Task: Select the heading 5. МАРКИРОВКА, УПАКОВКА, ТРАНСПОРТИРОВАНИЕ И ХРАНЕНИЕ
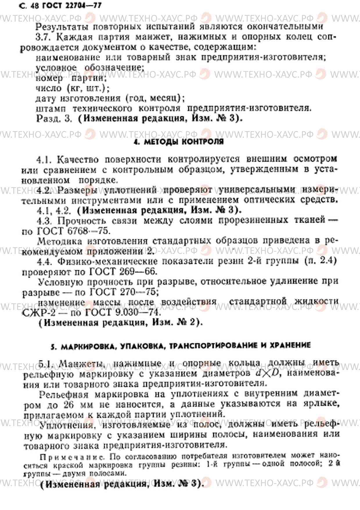point(180,346)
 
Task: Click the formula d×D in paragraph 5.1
point(267,373)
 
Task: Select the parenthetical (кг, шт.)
point(88,88)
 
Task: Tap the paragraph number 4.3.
point(44,221)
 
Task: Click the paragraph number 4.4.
point(44,261)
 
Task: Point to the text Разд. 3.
point(54,119)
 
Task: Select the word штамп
point(51,108)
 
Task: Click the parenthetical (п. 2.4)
point(321,261)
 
